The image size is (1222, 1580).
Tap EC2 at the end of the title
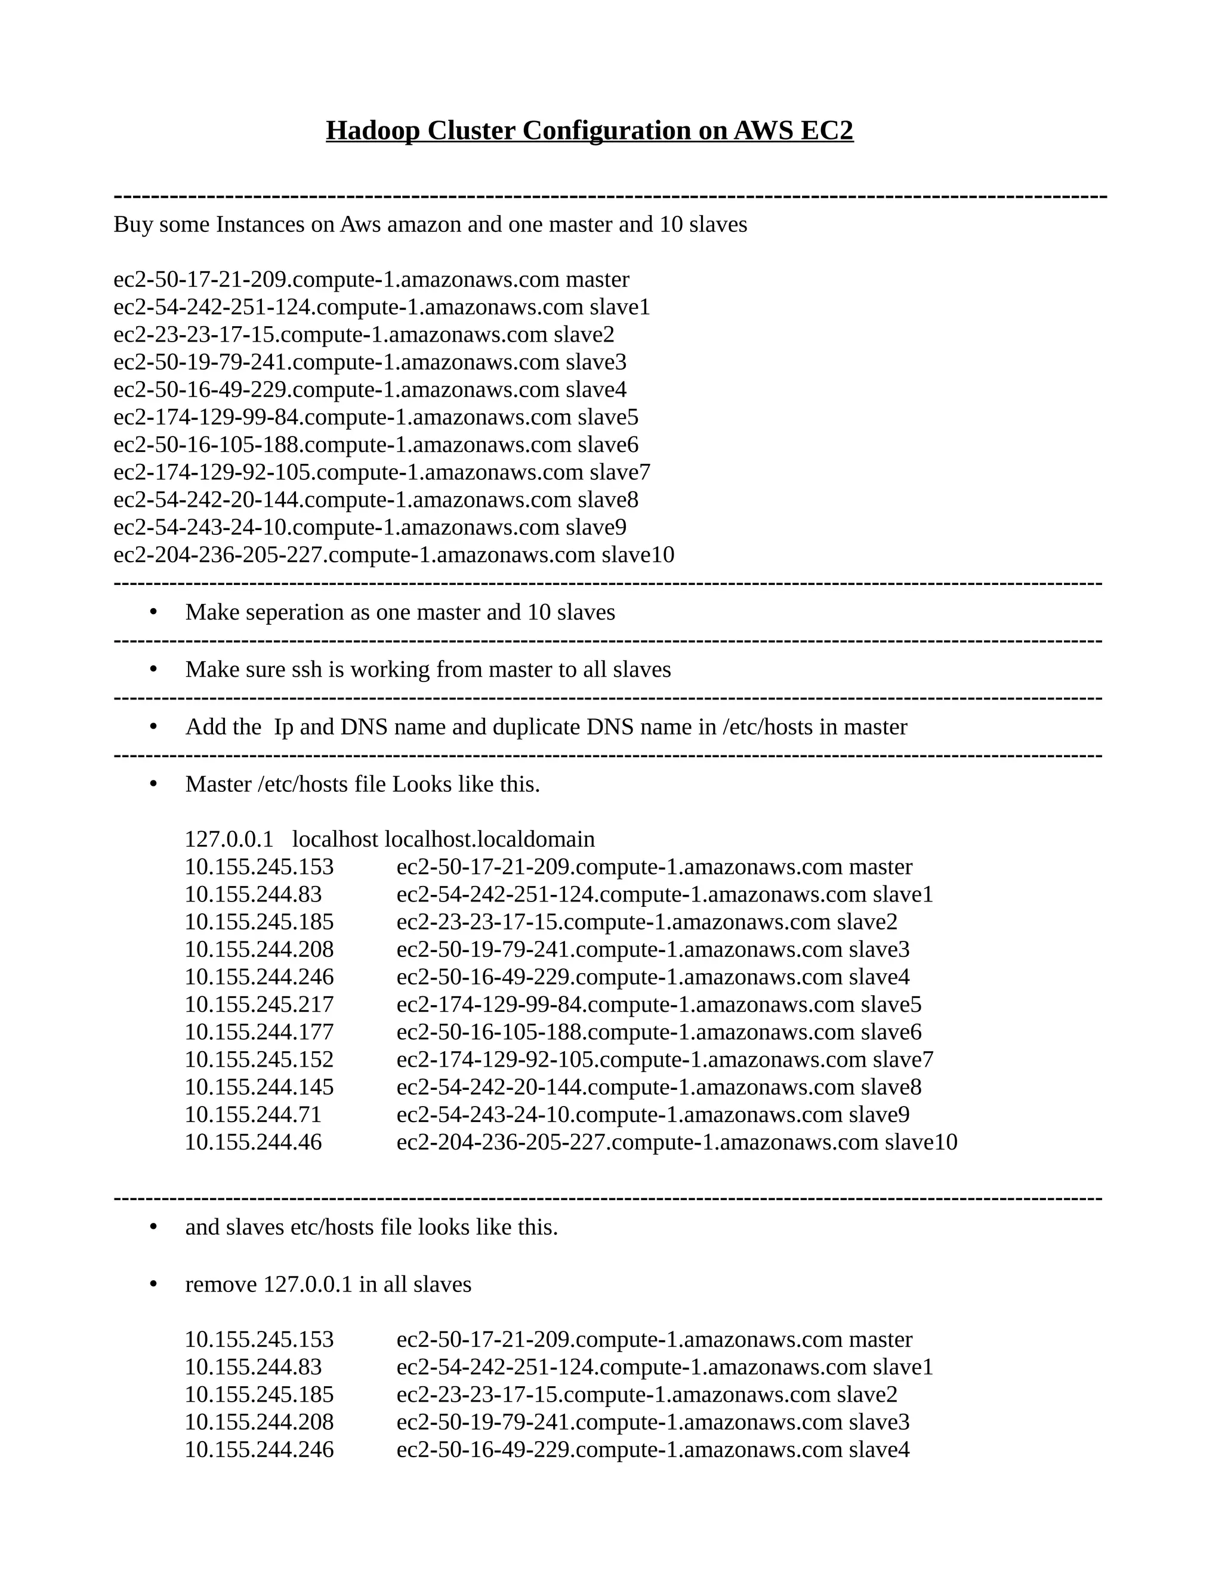point(827,131)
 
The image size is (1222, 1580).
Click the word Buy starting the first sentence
point(133,225)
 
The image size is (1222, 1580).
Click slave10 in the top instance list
point(637,555)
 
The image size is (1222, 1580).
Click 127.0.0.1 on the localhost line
point(229,840)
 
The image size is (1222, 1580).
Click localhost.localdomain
point(489,840)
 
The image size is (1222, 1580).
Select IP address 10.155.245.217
point(259,1005)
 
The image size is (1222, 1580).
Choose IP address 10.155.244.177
point(259,1032)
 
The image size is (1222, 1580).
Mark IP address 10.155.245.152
point(259,1060)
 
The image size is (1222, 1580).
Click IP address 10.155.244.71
point(252,1115)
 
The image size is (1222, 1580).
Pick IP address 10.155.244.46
point(252,1142)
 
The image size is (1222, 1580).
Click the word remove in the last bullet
point(221,1285)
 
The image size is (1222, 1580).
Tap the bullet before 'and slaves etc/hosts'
point(153,1228)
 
